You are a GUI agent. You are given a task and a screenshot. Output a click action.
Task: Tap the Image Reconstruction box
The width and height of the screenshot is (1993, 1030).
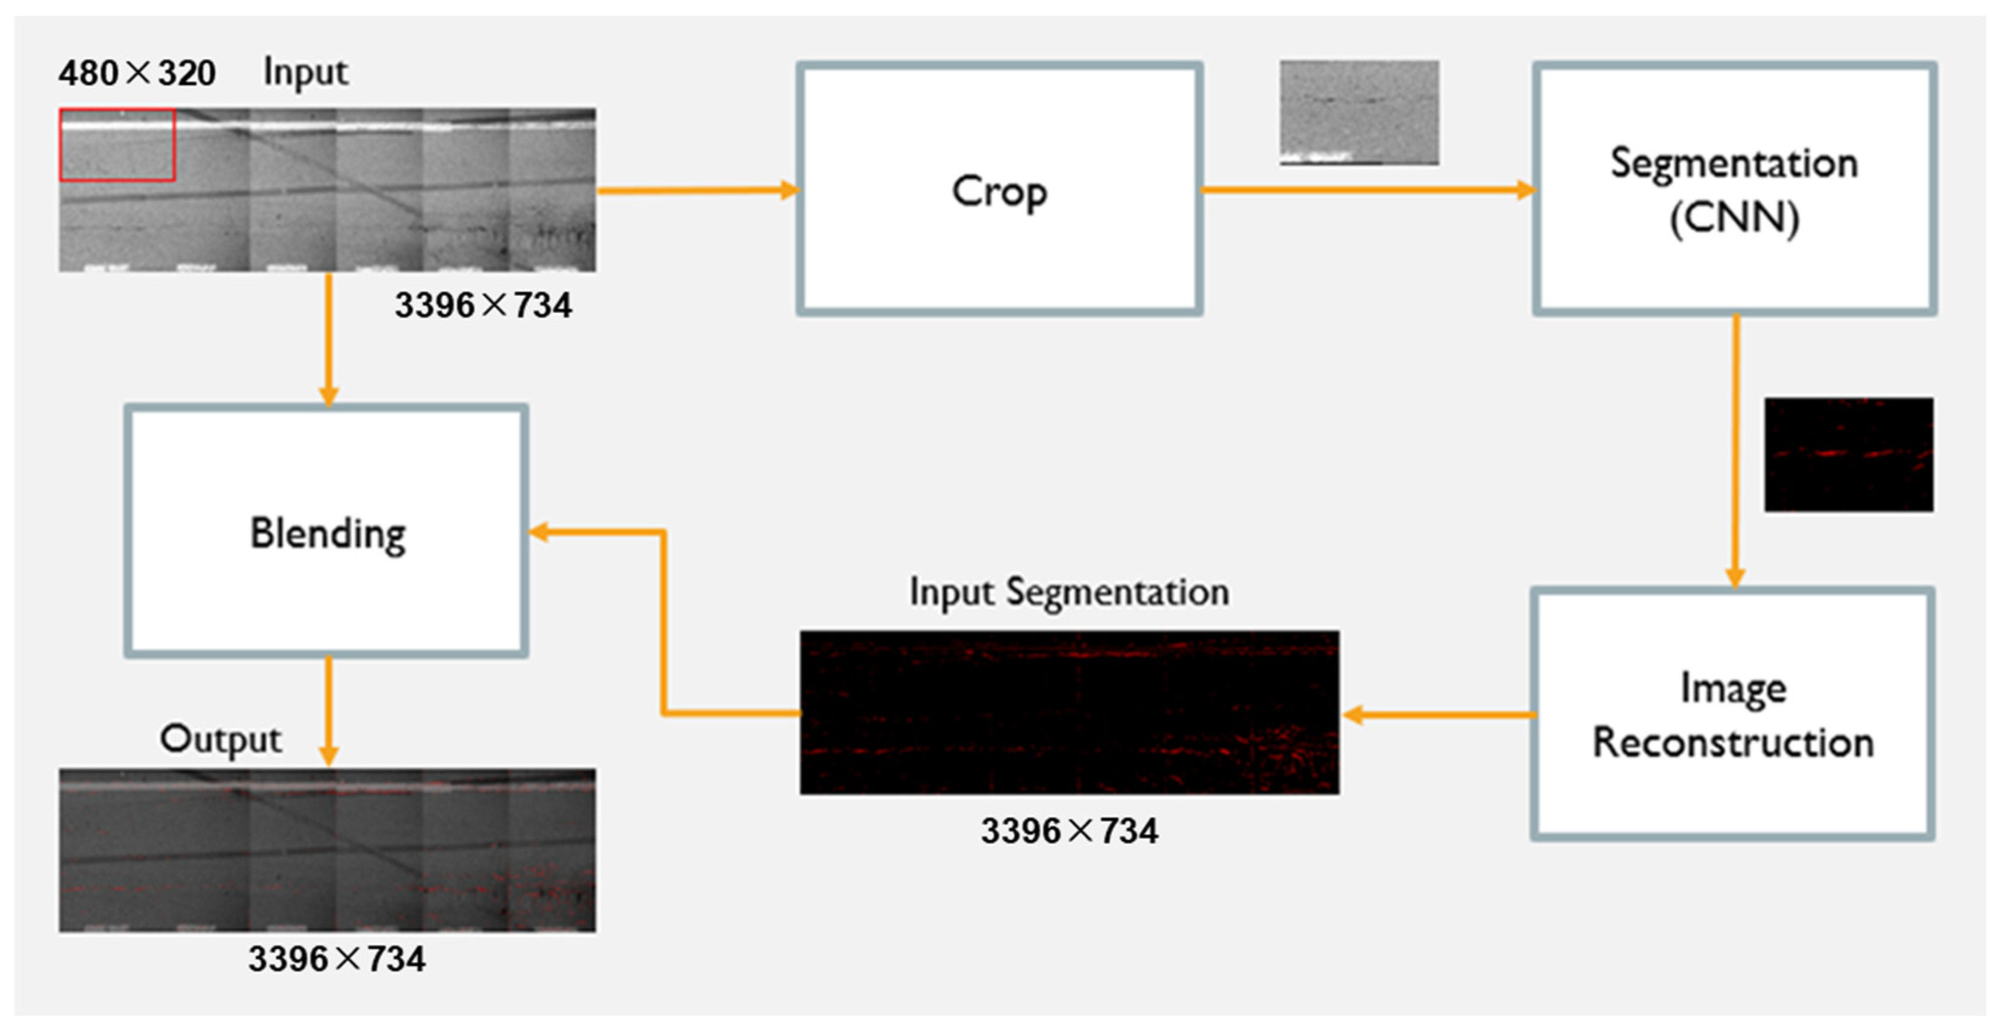point(1732,713)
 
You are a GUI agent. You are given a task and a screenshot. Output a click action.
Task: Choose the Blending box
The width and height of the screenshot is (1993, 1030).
point(327,531)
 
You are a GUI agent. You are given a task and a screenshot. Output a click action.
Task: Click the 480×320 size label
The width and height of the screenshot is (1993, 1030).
point(137,73)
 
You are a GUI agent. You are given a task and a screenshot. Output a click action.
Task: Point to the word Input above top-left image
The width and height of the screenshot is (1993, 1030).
point(305,73)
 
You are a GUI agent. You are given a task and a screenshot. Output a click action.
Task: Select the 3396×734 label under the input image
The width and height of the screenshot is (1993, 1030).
point(483,305)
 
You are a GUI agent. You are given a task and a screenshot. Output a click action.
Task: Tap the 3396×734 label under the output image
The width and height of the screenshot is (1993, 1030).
point(336,959)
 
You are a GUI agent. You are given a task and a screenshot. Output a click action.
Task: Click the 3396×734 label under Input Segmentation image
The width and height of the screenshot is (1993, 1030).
point(1069,830)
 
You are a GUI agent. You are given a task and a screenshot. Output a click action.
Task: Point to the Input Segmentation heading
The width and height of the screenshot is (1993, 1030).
point(1068,592)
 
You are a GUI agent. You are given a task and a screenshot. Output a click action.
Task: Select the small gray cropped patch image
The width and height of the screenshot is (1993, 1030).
point(1359,113)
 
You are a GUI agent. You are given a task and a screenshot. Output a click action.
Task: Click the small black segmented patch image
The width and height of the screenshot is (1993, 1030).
point(1848,454)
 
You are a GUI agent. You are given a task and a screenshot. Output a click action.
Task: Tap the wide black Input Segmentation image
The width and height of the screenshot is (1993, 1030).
point(1069,712)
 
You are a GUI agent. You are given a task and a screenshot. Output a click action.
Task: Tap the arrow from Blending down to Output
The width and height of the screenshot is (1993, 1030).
point(329,710)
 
